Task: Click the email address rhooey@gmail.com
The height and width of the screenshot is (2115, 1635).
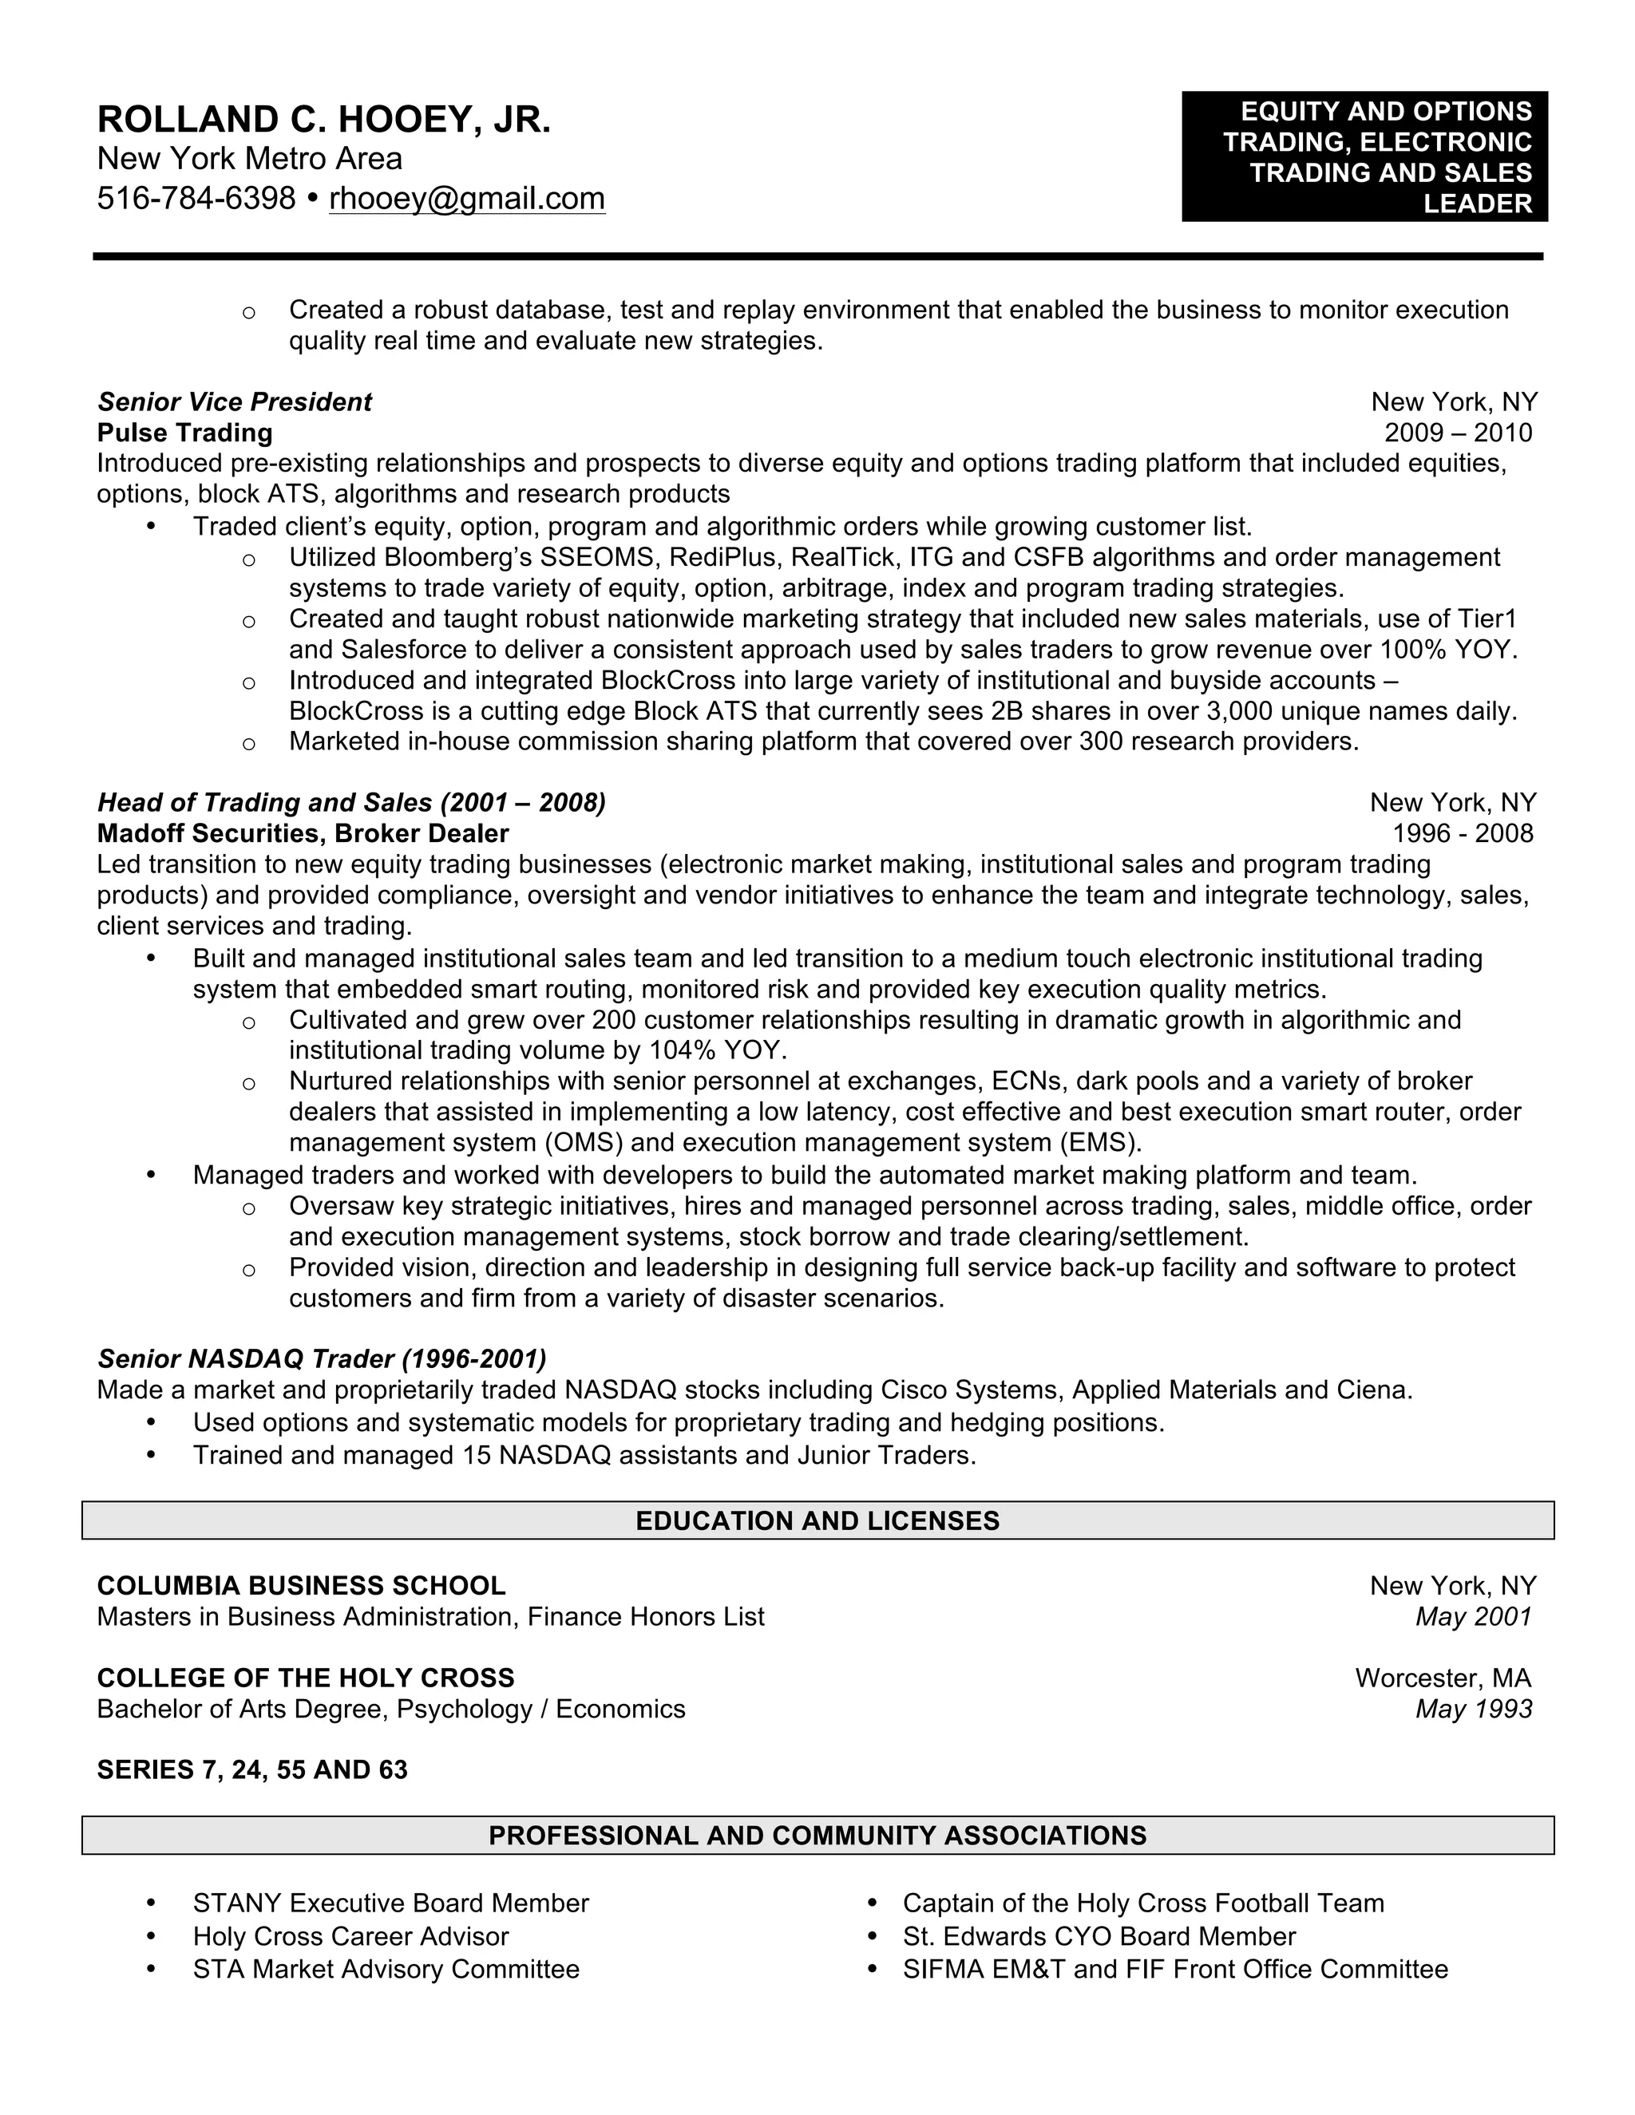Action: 467,199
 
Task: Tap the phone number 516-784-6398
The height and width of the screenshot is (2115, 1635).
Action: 196,199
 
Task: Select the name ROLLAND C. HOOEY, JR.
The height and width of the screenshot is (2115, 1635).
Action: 323,120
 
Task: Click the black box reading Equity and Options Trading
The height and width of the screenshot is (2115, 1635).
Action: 1364,157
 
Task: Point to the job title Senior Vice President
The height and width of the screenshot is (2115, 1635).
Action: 235,402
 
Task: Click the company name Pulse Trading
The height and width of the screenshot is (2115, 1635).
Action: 184,433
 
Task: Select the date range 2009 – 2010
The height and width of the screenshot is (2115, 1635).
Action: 1458,433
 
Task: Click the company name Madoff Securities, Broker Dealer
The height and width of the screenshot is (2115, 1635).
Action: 303,834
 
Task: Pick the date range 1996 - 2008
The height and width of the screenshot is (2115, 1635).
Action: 1463,834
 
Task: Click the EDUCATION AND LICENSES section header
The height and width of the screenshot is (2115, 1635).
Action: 817,1520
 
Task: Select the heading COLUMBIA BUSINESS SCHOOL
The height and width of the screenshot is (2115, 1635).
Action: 301,1585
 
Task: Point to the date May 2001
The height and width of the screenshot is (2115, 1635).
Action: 1473,1616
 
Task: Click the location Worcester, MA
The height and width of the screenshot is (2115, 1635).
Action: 1443,1678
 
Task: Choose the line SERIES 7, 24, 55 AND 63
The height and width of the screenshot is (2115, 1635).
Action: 251,1770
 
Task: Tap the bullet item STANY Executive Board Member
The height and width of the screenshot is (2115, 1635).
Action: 390,1903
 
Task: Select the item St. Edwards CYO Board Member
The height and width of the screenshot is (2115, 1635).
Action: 1099,1937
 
